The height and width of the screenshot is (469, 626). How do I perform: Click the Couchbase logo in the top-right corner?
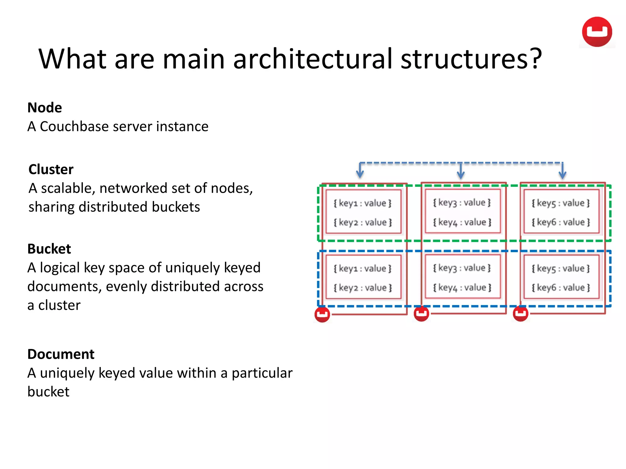click(x=597, y=32)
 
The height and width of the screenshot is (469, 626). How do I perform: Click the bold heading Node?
click(x=45, y=108)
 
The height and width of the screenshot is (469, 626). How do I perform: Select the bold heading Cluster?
click(x=51, y=169)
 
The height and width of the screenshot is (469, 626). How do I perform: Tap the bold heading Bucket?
click(x=49, y=249)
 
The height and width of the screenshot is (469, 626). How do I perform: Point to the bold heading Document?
click(x=61, y=354)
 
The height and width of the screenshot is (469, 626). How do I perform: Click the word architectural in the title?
click(x=312, y=59)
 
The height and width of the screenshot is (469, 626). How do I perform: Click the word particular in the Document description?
click(x=262, y=373)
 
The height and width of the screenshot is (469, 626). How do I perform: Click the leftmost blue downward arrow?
click(x=360, y=171)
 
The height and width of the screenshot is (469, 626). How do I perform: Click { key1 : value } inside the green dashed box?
click(x=363, y=203)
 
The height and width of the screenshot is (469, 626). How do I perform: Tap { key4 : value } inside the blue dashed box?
click(x=462, y=288)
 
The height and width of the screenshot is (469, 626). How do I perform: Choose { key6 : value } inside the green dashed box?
click(x=561, y=222)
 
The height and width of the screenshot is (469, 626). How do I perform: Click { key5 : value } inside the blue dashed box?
click(x=561, y=269)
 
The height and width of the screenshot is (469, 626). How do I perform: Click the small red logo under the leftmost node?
click(x=322, y=314)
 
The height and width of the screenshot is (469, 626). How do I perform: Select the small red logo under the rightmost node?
click(x=521, y=314)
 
